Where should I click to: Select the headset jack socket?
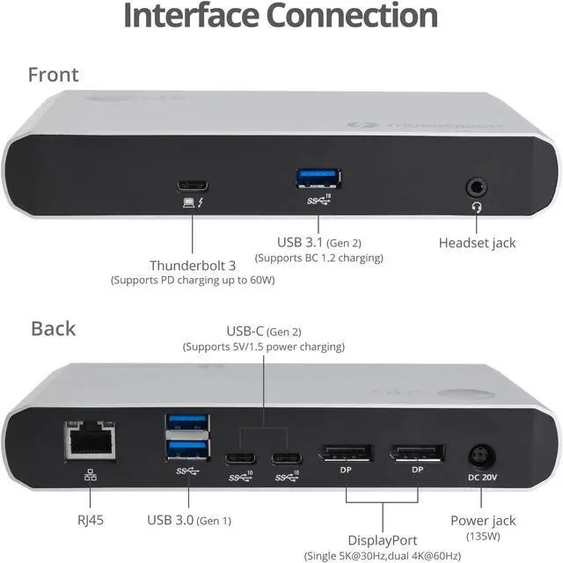pyautogui.click(x=478, y=186)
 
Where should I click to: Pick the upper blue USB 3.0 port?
pyautogui.click(x=187, y=423)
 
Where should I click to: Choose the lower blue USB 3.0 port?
pyautogui.click(x=187, y=450)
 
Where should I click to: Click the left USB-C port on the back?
pyautogui.click(x=240, y=458)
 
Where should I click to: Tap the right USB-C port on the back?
pyautogui.click(x=287, y=458)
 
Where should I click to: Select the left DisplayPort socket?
pyautogui.click(x=347, y=454)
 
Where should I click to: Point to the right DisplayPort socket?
pyautogui.click(x=417, y=454)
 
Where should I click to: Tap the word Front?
pyautogui.click(x=53, y=74)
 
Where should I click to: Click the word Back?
pyautogui.click(x=53, y=328)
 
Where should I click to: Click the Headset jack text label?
pyautogui.click(x=477, y=242)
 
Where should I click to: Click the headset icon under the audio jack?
pyautogui.click(x=478, y=207)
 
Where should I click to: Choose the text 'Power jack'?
pyautogui.click(x=482, y=520)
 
